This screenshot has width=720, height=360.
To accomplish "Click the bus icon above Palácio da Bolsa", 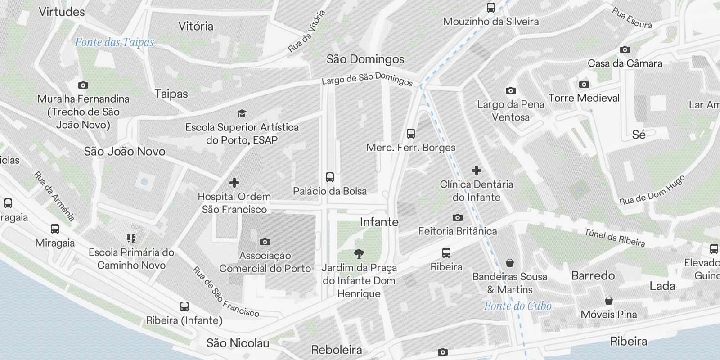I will click(330, 177).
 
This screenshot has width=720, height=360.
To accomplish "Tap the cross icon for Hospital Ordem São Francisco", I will click(234, 183).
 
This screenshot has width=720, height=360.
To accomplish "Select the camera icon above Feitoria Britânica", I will click(458, 217).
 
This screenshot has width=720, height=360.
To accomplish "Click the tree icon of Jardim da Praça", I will click(359, 254).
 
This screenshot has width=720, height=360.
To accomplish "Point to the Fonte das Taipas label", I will click(114, 42).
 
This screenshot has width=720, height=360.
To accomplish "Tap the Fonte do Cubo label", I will click(517, 306).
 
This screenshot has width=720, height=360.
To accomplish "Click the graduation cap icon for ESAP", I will click(242, 113).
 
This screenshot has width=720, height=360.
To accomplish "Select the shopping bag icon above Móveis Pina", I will click(609, 301).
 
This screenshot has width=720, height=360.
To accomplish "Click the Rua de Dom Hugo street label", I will click(652, 190).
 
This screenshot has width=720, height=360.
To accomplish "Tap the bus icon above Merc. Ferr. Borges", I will click(410, 134).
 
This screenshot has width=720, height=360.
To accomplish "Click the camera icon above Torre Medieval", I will click(584, 84).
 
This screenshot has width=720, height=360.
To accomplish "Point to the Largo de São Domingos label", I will click(367, 79).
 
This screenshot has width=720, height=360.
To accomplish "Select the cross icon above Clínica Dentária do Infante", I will click(477, 171).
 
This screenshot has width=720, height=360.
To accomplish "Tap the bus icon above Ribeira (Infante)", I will click(184, 306).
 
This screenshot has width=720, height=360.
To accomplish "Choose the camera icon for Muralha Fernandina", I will click(83, 85).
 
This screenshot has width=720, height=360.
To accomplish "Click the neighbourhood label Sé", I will click(639, 135).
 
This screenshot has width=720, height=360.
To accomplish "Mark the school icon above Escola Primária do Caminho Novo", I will click(131, 238).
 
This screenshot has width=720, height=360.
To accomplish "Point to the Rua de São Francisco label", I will click(226, 292).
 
